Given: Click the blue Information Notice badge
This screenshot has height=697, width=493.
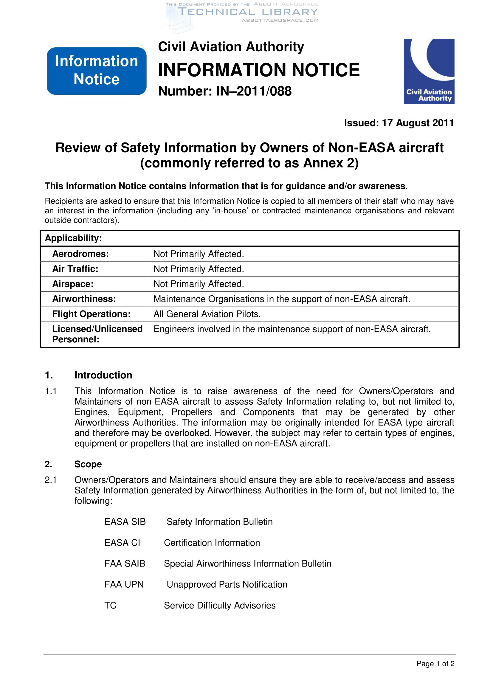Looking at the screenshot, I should coord(97,71).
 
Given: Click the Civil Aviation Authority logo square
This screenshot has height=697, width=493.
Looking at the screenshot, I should coord(429,71).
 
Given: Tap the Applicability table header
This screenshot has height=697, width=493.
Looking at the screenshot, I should coord(73,238).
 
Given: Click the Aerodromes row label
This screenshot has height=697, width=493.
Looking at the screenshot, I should coord(80,254).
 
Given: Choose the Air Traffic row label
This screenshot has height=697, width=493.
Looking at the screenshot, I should coord(75,269).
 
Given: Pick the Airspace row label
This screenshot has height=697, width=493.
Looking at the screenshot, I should coord(73,284).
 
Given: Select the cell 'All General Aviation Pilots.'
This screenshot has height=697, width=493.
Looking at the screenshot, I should coord(207,314).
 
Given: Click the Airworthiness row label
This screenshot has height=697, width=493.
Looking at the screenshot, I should coord(84,299).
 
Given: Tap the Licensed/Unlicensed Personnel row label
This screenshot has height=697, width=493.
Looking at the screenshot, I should coord(97,334).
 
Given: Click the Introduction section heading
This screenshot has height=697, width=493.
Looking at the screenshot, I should coord(103,375).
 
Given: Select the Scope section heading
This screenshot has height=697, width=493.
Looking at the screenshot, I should coord(88,464).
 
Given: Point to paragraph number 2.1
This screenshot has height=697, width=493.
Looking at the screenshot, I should coord(51,480).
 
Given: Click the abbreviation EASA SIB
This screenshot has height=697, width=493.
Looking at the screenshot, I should coord(125,521).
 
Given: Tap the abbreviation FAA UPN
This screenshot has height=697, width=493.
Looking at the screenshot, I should coord(124,584).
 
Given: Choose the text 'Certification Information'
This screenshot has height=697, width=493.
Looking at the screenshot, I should coord(212,542).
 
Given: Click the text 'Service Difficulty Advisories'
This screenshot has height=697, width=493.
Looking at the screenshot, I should coord(220,605).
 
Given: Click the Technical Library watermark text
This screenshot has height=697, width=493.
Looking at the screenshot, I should coord(248,12).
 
